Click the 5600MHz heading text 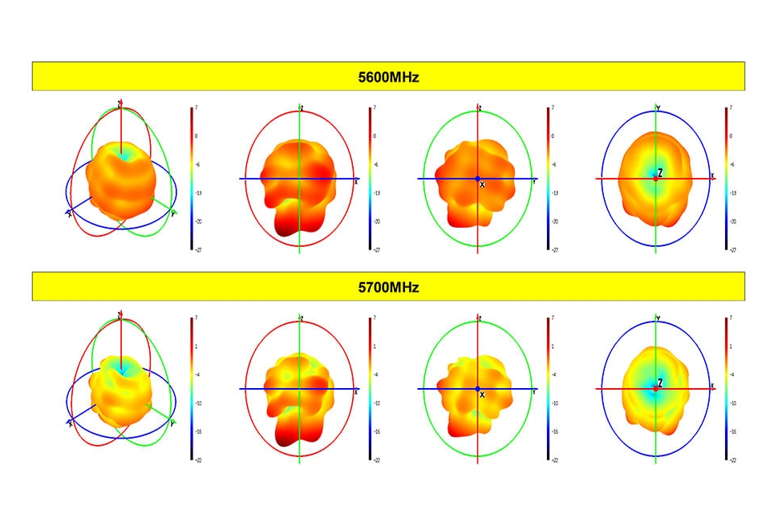coord(388,78)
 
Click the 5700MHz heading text coord(388,287)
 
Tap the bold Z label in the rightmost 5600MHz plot coord(660,172)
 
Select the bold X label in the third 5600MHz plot coord(482,184)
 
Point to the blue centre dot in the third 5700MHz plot coord(477,389)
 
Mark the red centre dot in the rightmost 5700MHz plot coord(655,389)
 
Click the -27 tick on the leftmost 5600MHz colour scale coord(197,249)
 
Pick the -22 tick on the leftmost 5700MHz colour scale coord(197,460)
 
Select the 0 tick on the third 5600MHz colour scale coord(553,136)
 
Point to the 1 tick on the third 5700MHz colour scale coord(553,346)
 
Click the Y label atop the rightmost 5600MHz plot coord(658,107)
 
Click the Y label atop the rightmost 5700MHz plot coord(658,318)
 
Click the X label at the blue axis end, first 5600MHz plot coord(70,213)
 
